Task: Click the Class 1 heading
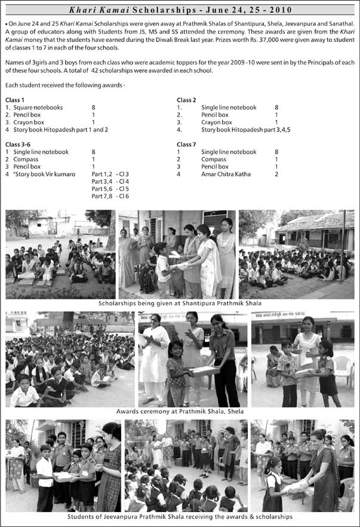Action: tap(15, 100)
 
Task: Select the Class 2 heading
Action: tap(187, 100)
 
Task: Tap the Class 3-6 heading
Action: tap(20, 145)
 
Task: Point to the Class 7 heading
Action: tap(187, 145)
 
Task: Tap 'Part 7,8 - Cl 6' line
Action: tap(110, 196)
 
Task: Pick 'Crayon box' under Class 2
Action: tap(216, 122)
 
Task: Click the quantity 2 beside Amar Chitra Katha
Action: tap(276, 174)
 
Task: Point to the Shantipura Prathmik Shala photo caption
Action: tap(180, 303)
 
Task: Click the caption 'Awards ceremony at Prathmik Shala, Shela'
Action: tap(180, 411)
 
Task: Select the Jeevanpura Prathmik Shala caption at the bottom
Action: tap(180, 516)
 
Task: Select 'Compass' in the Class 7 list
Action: tap(214, 160)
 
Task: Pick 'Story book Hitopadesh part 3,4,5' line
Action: tap(245, 129)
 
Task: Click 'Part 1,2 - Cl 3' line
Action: tap(110, 174)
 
